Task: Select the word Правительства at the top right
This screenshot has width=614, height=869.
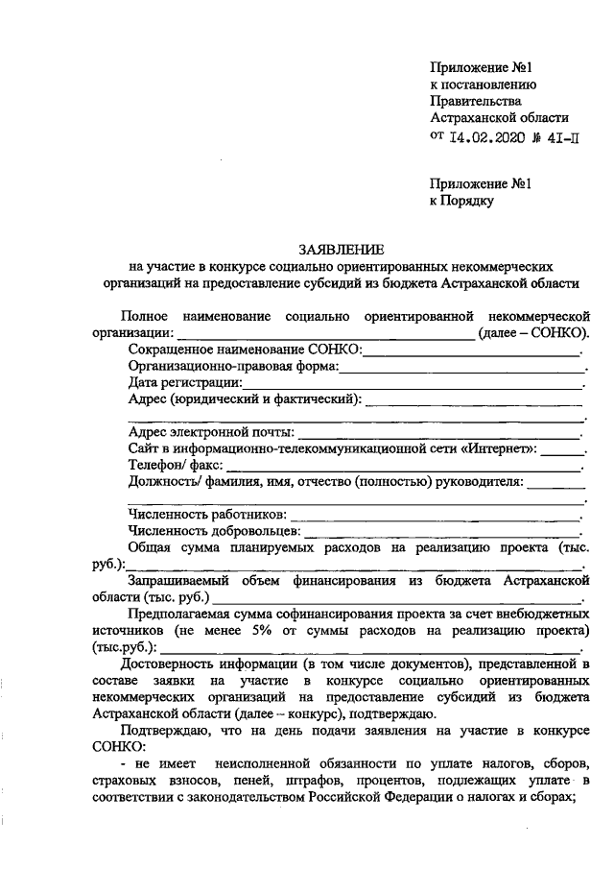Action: [476, 101]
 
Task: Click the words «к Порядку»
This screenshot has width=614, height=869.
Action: [461, 201]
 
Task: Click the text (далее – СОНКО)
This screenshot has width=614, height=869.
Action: [533, 333]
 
